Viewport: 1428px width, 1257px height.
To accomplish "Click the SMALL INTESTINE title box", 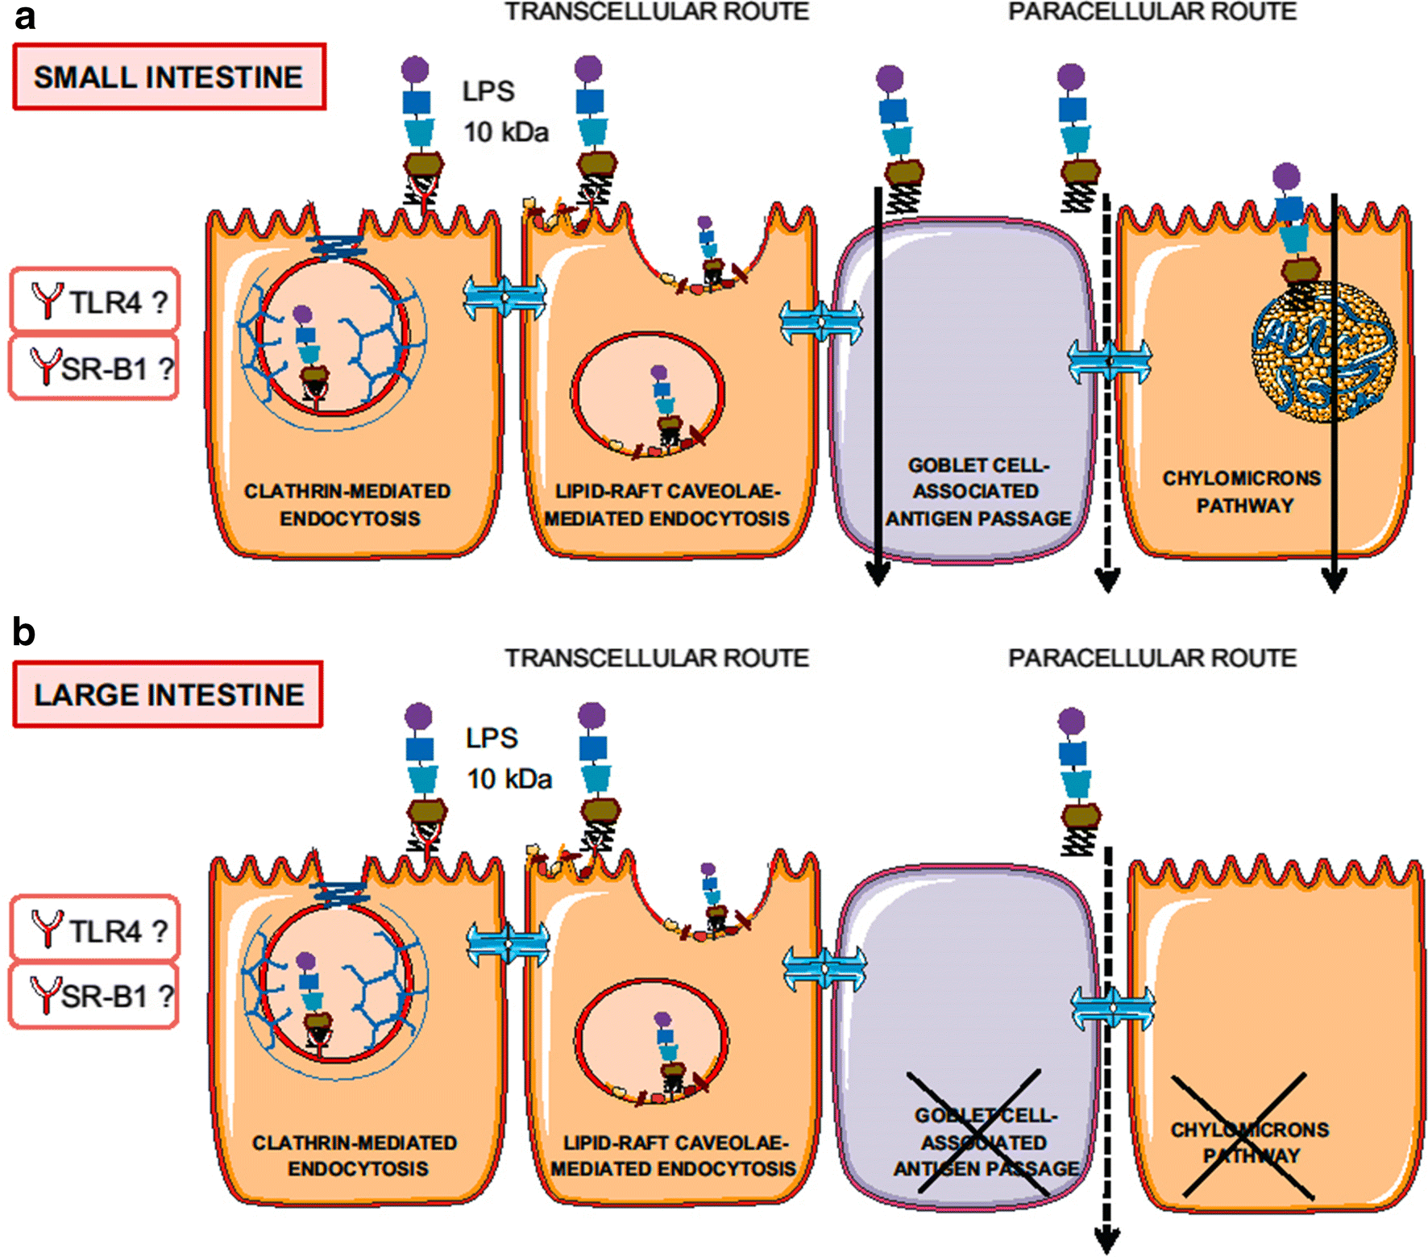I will [x=169, y=77].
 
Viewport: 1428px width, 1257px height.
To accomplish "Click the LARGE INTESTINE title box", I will [x=168, y=695].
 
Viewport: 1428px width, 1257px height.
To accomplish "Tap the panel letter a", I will [x=25, y=16].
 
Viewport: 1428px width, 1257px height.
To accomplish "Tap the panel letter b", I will [x=23, y=632].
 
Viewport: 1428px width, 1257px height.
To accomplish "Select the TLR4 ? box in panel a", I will [x=95, y=302].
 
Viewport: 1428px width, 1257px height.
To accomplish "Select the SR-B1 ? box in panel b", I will [x=94, y=997].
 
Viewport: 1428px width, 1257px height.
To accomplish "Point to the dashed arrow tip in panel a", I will [x=1107, y=581].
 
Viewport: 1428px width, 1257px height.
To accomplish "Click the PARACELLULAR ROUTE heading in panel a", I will [x=1152, y=12].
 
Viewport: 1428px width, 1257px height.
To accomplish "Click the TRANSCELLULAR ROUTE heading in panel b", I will [x=657, y=659].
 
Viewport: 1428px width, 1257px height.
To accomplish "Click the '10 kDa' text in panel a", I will [x=506, y=132].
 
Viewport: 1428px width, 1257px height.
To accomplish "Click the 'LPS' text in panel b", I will [x=492, y=738].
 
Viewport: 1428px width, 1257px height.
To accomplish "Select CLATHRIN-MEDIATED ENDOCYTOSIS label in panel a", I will [x=348, y=505].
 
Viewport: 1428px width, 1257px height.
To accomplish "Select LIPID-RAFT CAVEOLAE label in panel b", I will [x=673, y=1155].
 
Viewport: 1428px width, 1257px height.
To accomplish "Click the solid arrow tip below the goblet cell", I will [x=878, y=576].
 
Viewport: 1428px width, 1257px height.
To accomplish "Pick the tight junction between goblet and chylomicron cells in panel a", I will [x=1109, y=361].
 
